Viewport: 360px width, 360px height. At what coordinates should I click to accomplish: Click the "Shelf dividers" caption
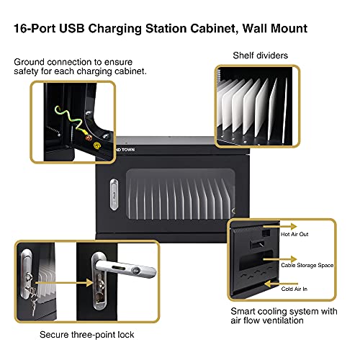tap(261, 55)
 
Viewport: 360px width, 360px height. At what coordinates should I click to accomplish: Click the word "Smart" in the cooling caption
tap(245, 312)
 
